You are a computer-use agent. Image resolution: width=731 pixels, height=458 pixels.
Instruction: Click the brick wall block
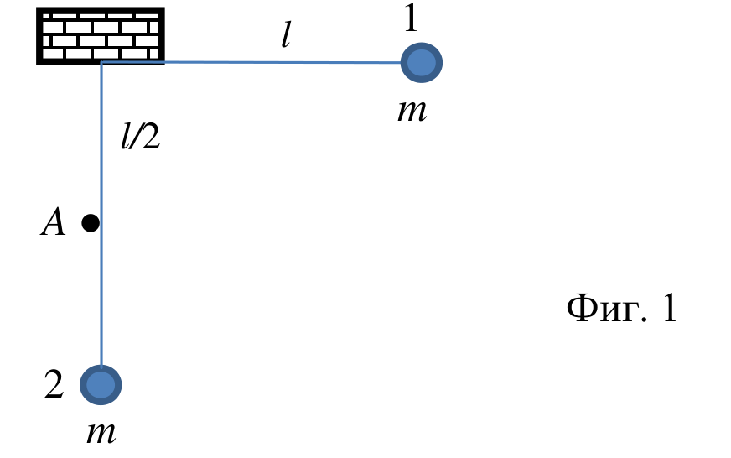coord(101,36)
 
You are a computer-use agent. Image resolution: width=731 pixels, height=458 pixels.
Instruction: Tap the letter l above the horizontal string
coord(286,35)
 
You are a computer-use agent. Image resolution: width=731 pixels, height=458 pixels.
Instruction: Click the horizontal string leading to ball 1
coord(251,61)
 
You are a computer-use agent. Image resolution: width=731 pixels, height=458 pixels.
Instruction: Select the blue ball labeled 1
coord(422,63)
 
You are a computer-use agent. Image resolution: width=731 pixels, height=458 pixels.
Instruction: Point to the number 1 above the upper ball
coord(411,18)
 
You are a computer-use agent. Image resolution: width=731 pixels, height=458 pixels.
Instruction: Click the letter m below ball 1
coord(412,111)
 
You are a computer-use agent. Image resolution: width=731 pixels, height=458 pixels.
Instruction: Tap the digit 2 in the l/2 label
coord(151,137)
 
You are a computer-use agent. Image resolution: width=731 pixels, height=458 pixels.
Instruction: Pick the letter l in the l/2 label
coord(126,137)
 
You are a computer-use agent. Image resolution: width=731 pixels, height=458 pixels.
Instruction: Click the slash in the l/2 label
coord(136,137)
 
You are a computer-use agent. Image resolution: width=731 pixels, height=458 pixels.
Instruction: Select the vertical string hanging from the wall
coord(101,215)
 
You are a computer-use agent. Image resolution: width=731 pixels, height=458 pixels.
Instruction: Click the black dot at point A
coord(91,223)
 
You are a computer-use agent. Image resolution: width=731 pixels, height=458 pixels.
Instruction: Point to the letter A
coord(53,222)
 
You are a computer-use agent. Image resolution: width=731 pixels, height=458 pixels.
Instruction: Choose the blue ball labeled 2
coord(101,385)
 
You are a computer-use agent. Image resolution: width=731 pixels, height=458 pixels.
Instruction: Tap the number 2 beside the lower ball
coord(54,384)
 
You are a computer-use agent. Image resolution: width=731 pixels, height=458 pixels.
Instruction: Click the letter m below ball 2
coord(101,433)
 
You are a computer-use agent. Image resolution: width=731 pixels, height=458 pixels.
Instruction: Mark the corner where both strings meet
coord(101,61)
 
